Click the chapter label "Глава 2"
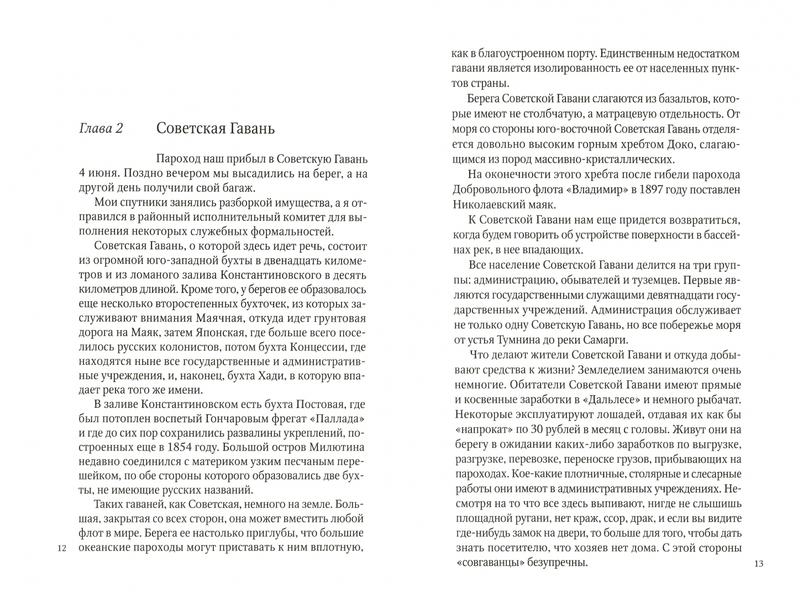(101, 129)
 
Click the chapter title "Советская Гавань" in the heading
(216, 129)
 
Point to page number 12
(61, 549)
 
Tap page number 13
(758, 563)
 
